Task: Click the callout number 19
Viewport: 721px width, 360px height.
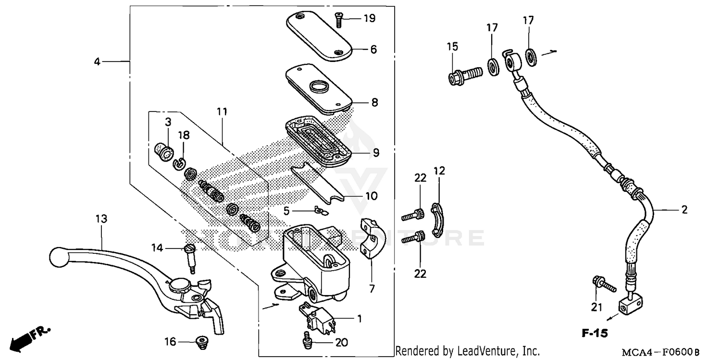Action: pos(369,19)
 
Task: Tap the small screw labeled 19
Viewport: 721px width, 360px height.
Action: pos(338,20)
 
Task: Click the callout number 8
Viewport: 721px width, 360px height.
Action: pos(374,102)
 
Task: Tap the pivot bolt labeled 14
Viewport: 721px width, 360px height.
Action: pos(189,258)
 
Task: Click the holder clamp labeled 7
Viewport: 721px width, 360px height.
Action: pos(371,240)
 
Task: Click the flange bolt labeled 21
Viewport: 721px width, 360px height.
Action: pos(604,284)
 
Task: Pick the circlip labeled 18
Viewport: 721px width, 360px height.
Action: pos(179,163)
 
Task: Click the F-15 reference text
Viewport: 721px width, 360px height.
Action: pos(595,333)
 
